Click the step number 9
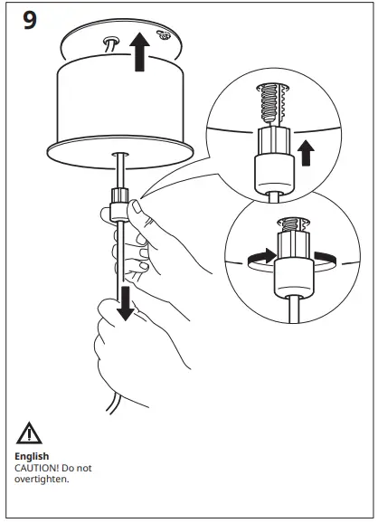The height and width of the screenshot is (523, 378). click(x=30, y=20)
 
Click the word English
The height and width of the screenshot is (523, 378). click(x=32, y=456)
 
